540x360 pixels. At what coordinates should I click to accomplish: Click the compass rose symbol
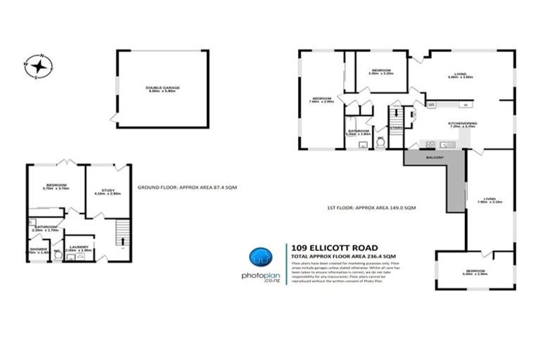point(40,67)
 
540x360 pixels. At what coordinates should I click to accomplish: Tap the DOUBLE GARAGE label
point(162,88)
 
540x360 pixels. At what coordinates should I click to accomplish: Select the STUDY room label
point(107,190)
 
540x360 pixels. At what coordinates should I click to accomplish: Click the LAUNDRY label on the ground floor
point(78,238)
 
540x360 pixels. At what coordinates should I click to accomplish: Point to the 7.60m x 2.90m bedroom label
point(322,99)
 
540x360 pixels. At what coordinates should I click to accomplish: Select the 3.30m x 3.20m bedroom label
point(382,70)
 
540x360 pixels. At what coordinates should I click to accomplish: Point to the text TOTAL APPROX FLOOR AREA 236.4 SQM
point(340,257)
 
